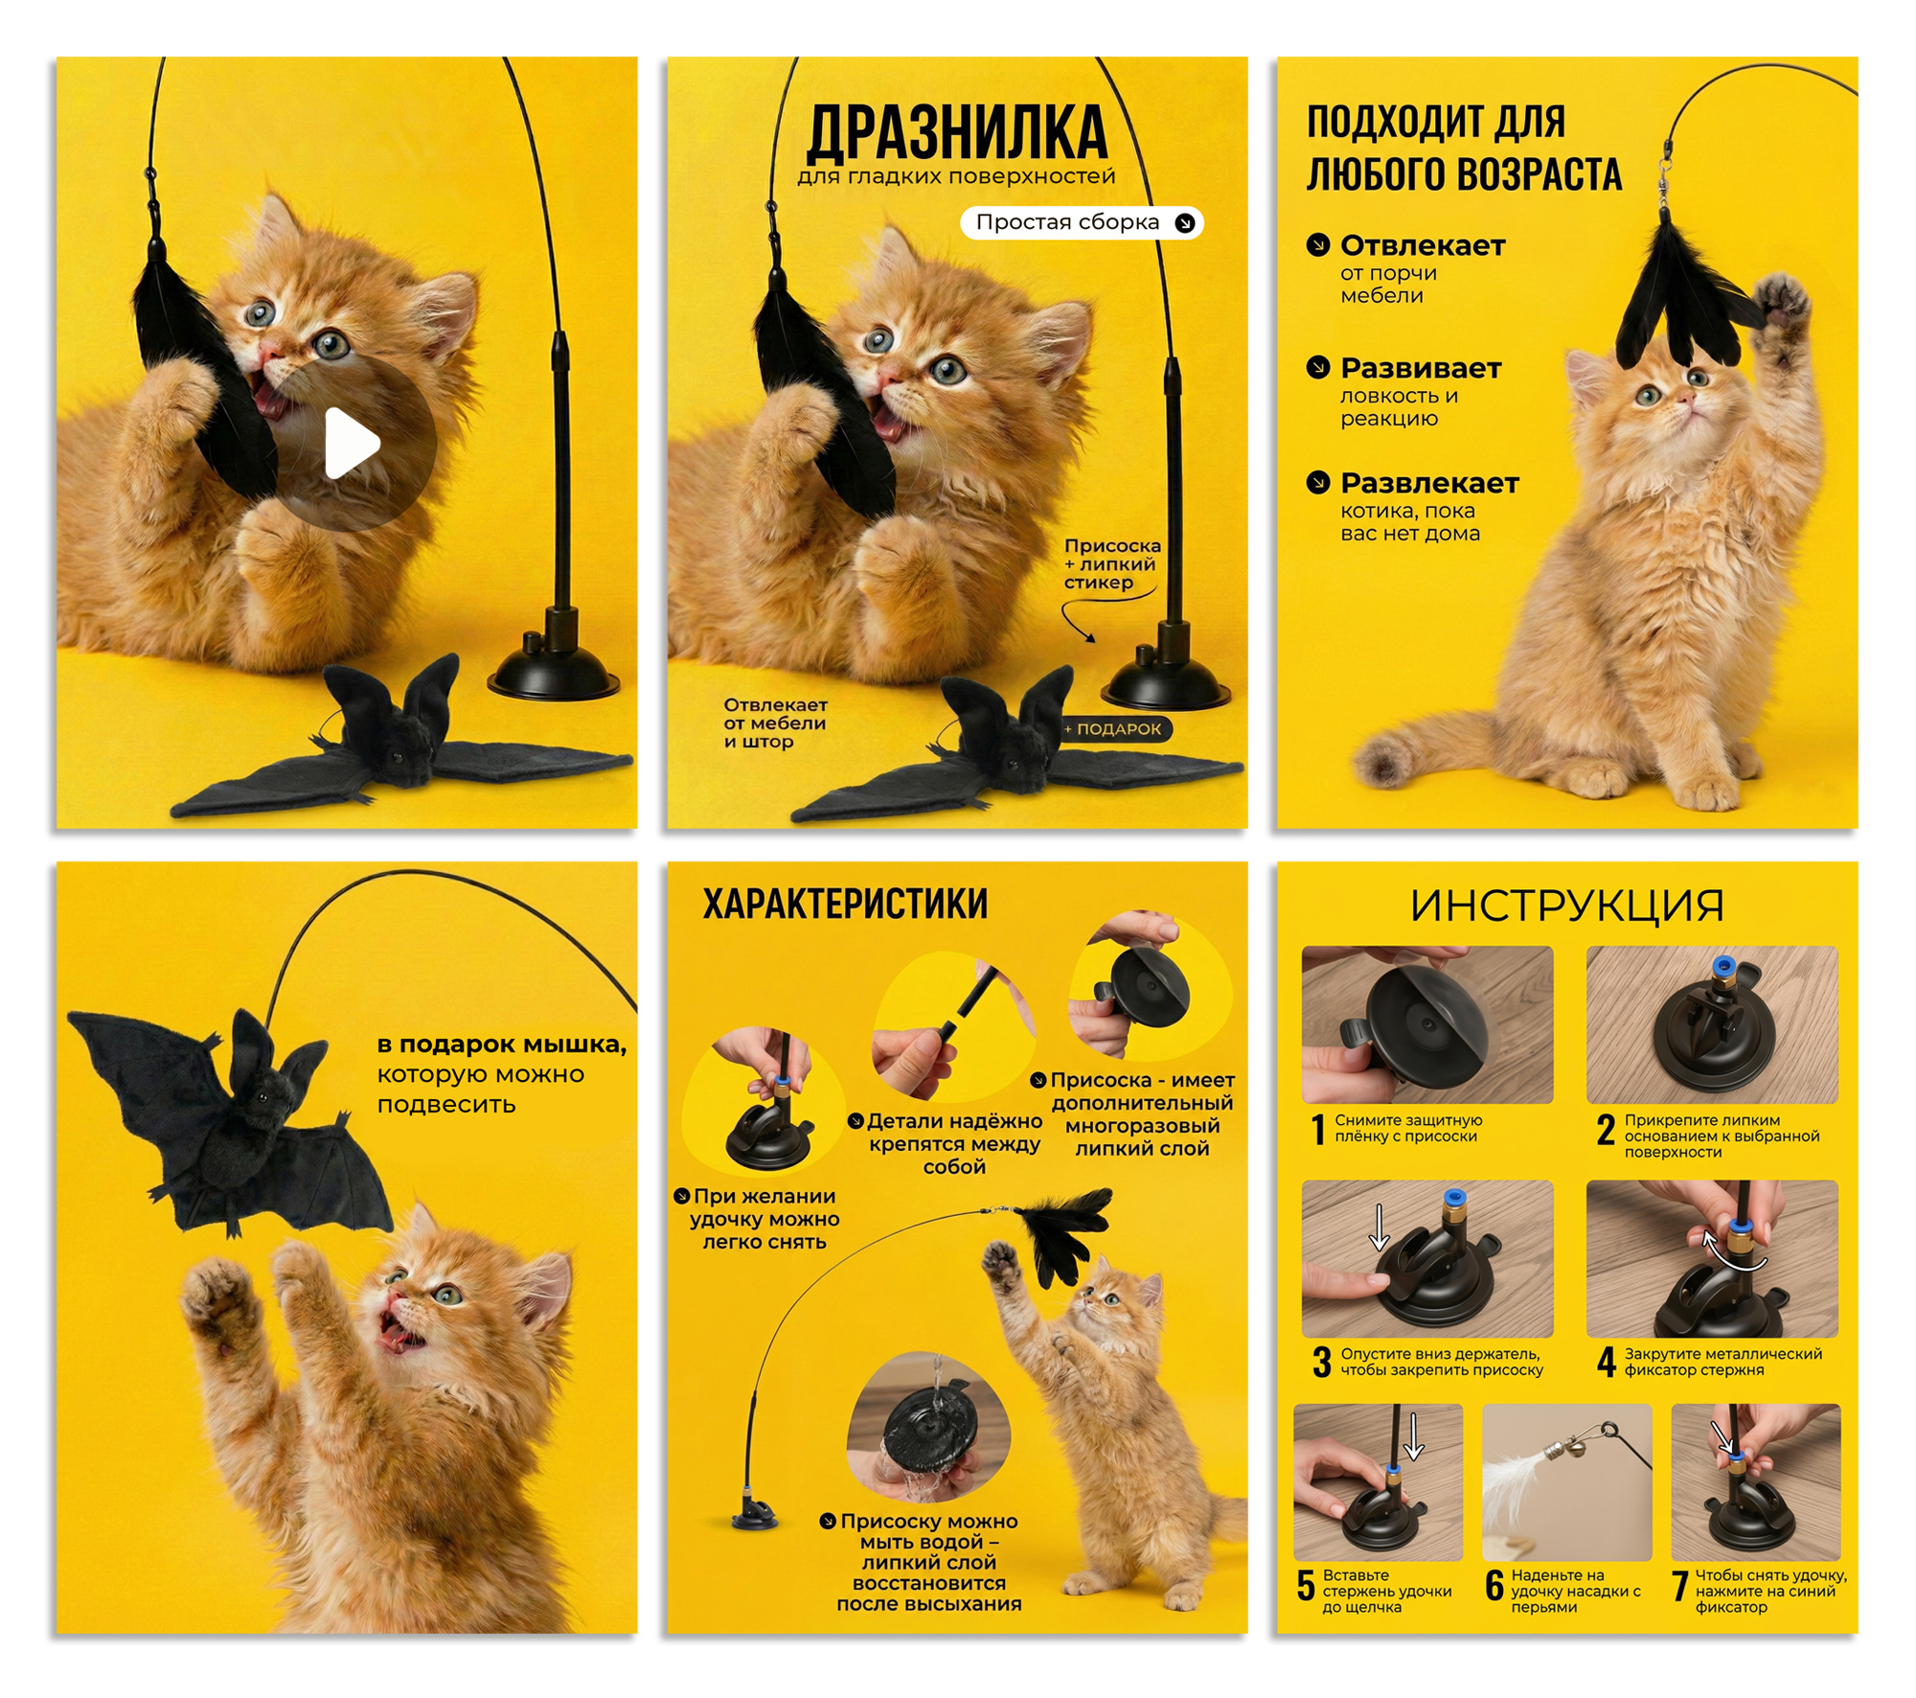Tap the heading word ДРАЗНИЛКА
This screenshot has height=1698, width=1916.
(x=957, y=133)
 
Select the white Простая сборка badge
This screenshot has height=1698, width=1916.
(x=1082, y=222)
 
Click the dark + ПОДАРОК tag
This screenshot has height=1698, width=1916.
(x=1115, y=729)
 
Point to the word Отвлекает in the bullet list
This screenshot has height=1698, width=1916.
(x=1423, y=246)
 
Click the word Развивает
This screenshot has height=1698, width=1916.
(x=1421, y=368)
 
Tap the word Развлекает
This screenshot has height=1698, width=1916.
(x=1429, y=483)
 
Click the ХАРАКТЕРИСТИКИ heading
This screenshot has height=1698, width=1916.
(x=845, y=904)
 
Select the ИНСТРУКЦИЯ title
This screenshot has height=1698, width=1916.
(x=1566, y=906)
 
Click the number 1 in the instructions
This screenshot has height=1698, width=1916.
(x=1318, y=1129)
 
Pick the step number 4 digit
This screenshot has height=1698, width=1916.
(x=1607, y=1362)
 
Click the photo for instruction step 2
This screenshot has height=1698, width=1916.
(x=1712, y=1024)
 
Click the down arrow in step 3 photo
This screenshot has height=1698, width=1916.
(x=1379, y=1228)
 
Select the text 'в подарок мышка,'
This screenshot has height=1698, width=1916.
(x=502, y=1045)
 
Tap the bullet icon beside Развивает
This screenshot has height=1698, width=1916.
(x=1318, y=367)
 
